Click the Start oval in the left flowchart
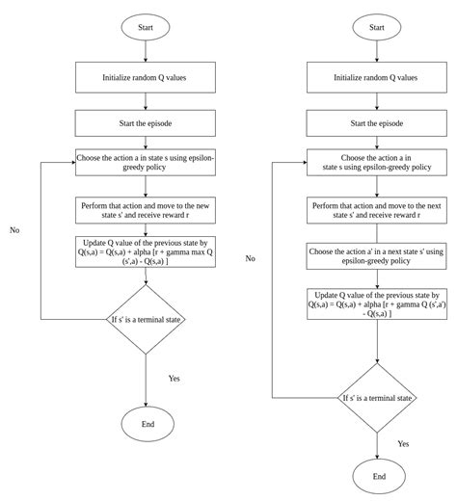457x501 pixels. [146, 26]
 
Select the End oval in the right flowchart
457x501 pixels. [378, 475]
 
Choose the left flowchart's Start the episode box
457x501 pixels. [146, 122]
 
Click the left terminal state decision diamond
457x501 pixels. [145, 318]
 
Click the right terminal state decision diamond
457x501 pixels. [378, 396]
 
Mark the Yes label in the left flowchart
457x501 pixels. [175, 378]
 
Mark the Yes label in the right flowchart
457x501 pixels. [403, 443]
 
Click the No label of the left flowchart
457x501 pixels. [14, 230]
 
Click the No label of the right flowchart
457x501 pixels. [250, 258]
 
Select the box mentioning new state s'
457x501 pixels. [146, 210]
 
